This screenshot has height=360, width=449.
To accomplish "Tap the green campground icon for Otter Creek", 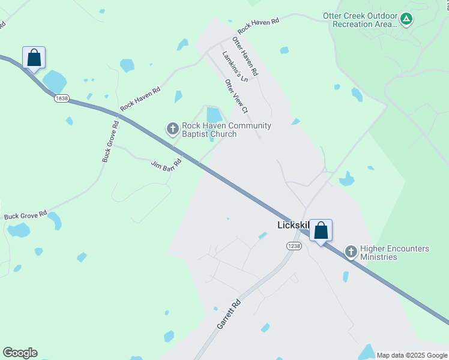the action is click(406, 19).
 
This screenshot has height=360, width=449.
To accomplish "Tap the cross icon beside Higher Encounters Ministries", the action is click(351, 252).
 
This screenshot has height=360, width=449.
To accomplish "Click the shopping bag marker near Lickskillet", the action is click(321, 230).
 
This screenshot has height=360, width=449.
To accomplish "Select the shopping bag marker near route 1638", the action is click(34, 58).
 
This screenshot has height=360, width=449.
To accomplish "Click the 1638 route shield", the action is click(61, 98).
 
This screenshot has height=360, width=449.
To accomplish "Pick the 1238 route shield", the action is click(294, 246).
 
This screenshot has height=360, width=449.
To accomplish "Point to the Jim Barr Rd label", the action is click(166, 164).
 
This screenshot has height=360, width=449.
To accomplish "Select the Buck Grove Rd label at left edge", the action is click(25, 215).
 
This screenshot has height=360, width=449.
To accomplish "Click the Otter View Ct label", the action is click(236, 96).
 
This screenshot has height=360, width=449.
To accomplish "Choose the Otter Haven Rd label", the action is click(245, 56).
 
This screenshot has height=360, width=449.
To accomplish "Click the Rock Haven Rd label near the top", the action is click(259, 26).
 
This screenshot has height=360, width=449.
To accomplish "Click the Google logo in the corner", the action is click(20, 353).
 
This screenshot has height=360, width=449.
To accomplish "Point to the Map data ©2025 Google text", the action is click(411, 355).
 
